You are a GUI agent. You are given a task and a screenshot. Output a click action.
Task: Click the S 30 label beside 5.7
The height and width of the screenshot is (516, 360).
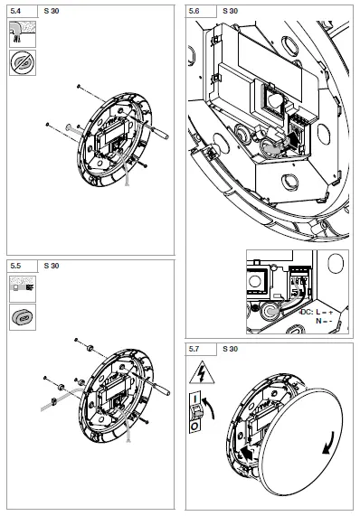pyautogui.click(x=230, y=348)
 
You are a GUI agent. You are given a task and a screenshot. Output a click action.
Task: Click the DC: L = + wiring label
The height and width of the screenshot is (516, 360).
pyautogui.click(x=318, y=312)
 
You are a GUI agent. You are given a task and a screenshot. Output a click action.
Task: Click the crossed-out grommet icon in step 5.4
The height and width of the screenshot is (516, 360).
pyautogui.click(x=21, y=62)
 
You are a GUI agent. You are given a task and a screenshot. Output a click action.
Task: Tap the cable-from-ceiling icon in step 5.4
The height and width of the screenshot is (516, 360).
pyautogui.click(x=21, y=34)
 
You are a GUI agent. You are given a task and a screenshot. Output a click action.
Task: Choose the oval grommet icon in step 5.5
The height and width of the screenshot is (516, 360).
pyautogui.click(x=21, y=317)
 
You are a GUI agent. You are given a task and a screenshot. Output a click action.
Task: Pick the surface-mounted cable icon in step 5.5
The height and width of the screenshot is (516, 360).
pyautogui.click(x=21, y=290)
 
